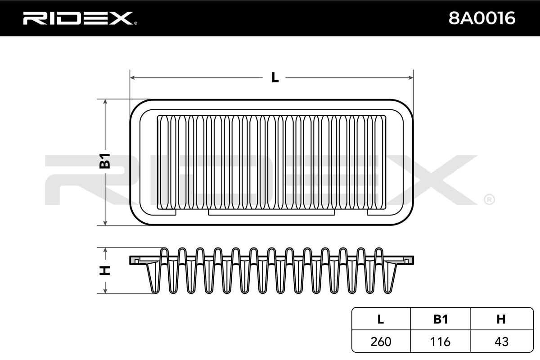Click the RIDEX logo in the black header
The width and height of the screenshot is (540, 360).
tap(80, 18)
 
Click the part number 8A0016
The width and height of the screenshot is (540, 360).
tap(481, 18)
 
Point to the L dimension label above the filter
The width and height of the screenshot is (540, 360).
tap(275, 77)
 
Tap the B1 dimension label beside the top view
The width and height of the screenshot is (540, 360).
tap(105, 161)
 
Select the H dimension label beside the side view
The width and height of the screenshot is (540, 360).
tap(105, 270)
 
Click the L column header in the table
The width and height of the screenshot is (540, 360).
tap(381, 319)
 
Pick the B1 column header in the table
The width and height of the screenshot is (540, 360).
tap(441, 319)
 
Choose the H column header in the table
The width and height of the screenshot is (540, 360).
tap(501, 319)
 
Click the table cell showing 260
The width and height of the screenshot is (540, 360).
tap(381, 342)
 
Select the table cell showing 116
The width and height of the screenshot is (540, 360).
tap(440, 342)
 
